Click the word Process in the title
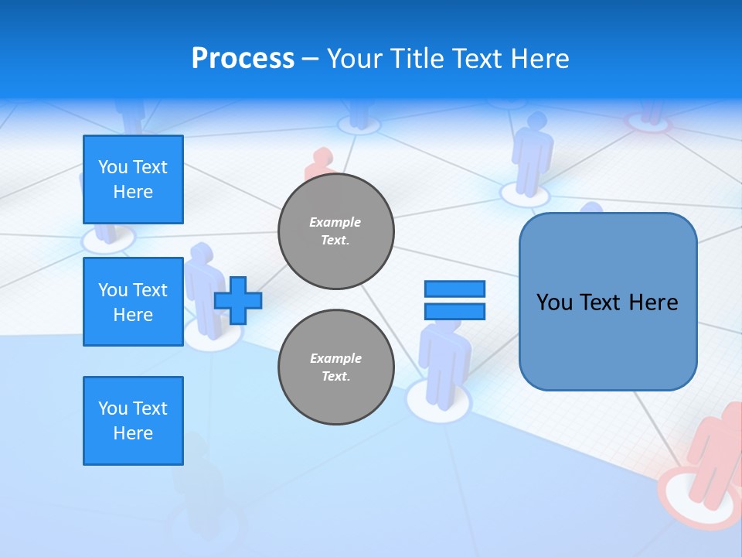point(243,59)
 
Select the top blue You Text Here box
point(133,179)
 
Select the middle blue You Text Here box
point(133,302)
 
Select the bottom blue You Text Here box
point(133,420)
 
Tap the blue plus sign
point(238,299)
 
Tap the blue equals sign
point(454,300)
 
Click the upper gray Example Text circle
point(335,231)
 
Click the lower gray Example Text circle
point(335,367)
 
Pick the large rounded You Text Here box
point(608,302)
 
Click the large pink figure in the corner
point(715,456)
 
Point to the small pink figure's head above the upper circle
point(319,158)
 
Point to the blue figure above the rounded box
point(532,151)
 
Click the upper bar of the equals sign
point(454,289)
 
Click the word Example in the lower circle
point(335,358)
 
